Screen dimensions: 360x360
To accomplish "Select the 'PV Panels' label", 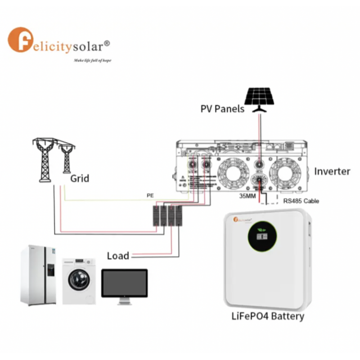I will pos(222,109).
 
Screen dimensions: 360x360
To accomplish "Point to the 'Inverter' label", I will pos(332,171).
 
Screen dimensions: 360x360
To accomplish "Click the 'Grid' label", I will pos(80,179).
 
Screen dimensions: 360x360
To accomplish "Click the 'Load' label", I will pos(118,256).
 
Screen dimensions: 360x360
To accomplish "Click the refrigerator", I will pos(38,275).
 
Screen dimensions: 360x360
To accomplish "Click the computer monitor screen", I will pos(124,283).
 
